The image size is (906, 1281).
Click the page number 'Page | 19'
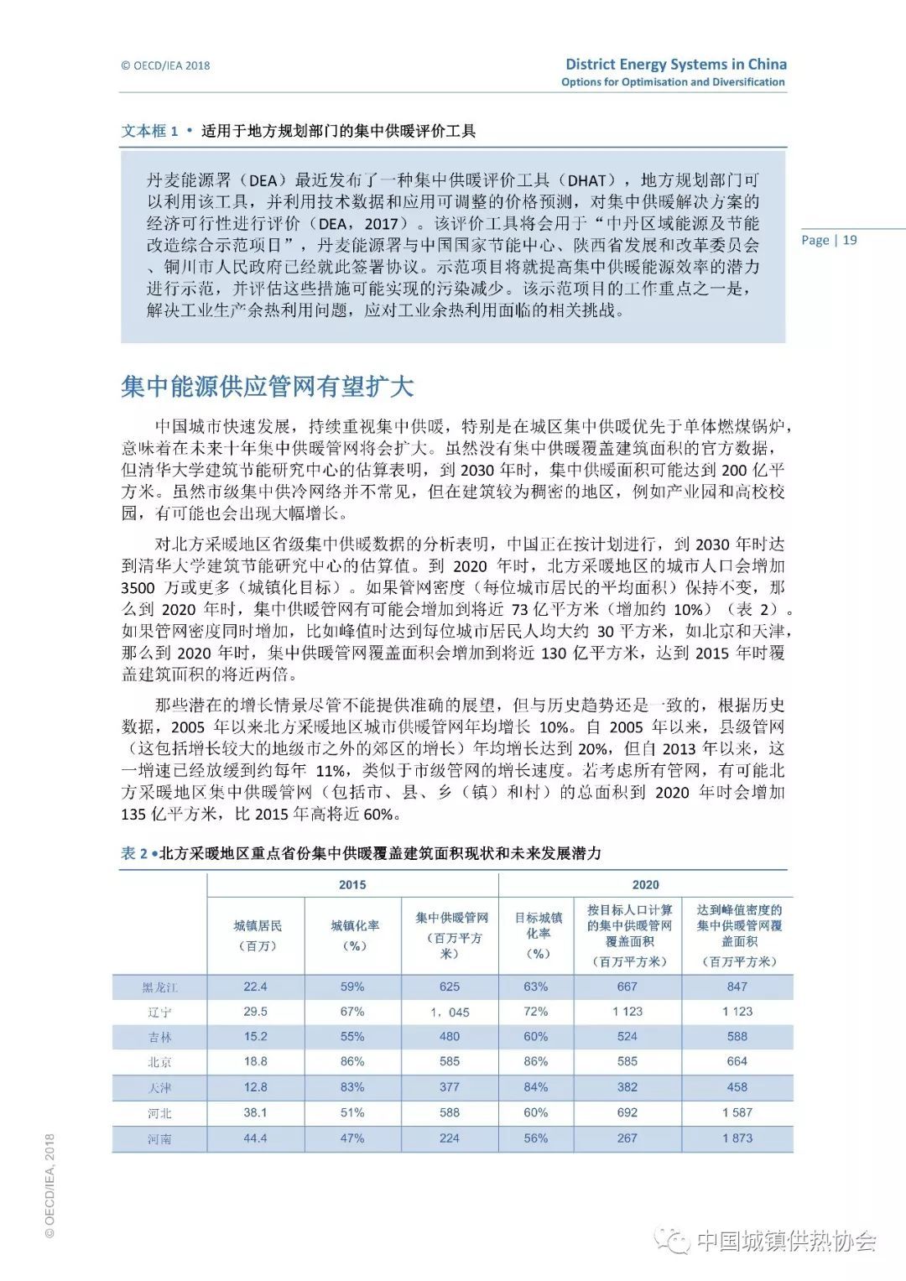click(829, 240)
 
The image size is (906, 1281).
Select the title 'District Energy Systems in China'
click(676, 65)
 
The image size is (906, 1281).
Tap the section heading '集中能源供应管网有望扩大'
click(268, 387)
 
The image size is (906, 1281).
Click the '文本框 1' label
click(149, 131)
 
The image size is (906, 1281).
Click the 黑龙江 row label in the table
click(159, 987)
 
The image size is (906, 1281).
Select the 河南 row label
click(159, 1139)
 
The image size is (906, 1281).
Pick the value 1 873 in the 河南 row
click(737, 1138)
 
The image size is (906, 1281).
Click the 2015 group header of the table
click(352, 885)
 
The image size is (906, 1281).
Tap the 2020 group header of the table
click(645, 885)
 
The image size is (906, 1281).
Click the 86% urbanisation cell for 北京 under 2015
click(352, 1061)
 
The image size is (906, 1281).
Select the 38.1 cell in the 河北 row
click(255, 1112)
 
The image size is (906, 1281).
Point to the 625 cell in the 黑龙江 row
click(450, 987)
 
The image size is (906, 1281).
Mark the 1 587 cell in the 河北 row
click(737, 1112)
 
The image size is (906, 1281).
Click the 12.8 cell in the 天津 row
click(255, 1087)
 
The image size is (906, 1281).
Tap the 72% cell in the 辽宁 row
click(536, 1012)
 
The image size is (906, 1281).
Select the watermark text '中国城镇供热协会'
click(786, 1241)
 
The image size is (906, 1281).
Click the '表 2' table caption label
click(134, 853)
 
